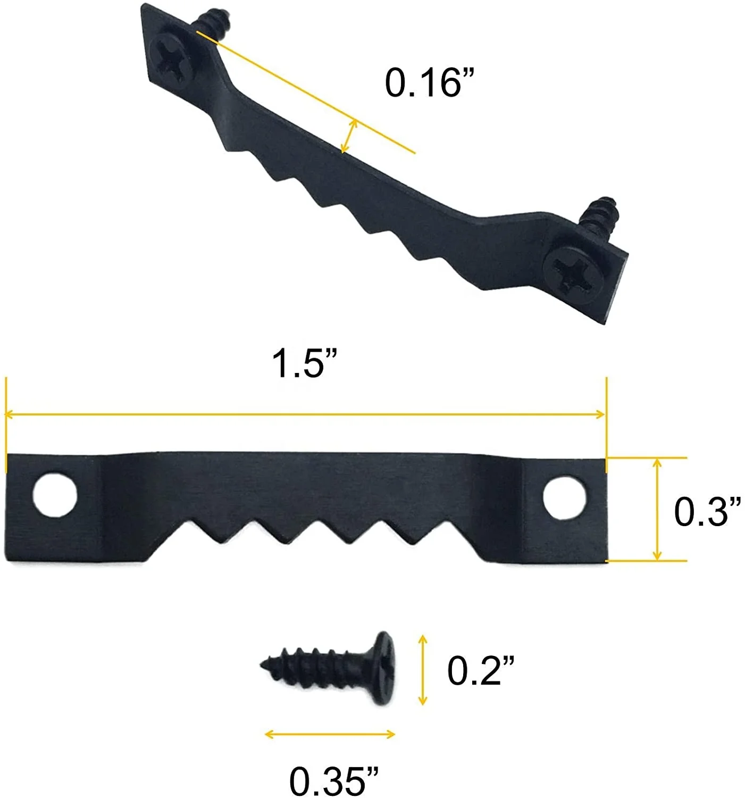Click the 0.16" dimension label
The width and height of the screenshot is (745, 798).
[429, 83]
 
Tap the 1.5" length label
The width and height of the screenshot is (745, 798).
[305, 364]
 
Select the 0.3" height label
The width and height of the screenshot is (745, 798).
[707, 512]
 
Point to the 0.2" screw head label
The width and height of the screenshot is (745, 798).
[481, 670]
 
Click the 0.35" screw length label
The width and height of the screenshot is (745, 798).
[334, 780]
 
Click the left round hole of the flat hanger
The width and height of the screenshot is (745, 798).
[55, 494]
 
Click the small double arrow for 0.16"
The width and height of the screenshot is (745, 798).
[349, 136]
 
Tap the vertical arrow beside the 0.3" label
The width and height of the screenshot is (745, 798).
[657, 509]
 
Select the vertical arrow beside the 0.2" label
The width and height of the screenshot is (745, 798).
[423, 670]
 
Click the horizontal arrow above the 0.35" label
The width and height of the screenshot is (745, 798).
[330, 735]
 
